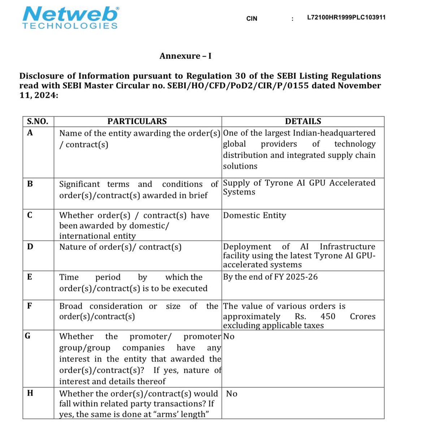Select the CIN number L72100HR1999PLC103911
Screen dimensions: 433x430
(346, 17)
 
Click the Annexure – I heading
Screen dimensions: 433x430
(186, 56)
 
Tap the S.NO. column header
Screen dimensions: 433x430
(38, 121)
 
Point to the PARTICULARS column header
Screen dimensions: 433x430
(137, 121)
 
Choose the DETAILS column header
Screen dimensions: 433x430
(303, 121)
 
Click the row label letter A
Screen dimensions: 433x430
(30, 133)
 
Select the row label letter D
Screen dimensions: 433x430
(30, 247)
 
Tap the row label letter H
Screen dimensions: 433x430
(30, 393)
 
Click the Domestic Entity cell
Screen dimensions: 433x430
(255, 215)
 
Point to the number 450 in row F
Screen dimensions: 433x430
(328, 316)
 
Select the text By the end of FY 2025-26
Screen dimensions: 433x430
(270, 277)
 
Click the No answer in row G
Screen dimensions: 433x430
(229, 337)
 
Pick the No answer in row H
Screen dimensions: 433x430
(232, 394)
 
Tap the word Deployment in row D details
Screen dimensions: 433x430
(247, 246)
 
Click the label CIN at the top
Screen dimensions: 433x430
(252, 18)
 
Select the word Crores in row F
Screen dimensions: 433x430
(362, 316)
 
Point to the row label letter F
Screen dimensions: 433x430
(30, 306)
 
